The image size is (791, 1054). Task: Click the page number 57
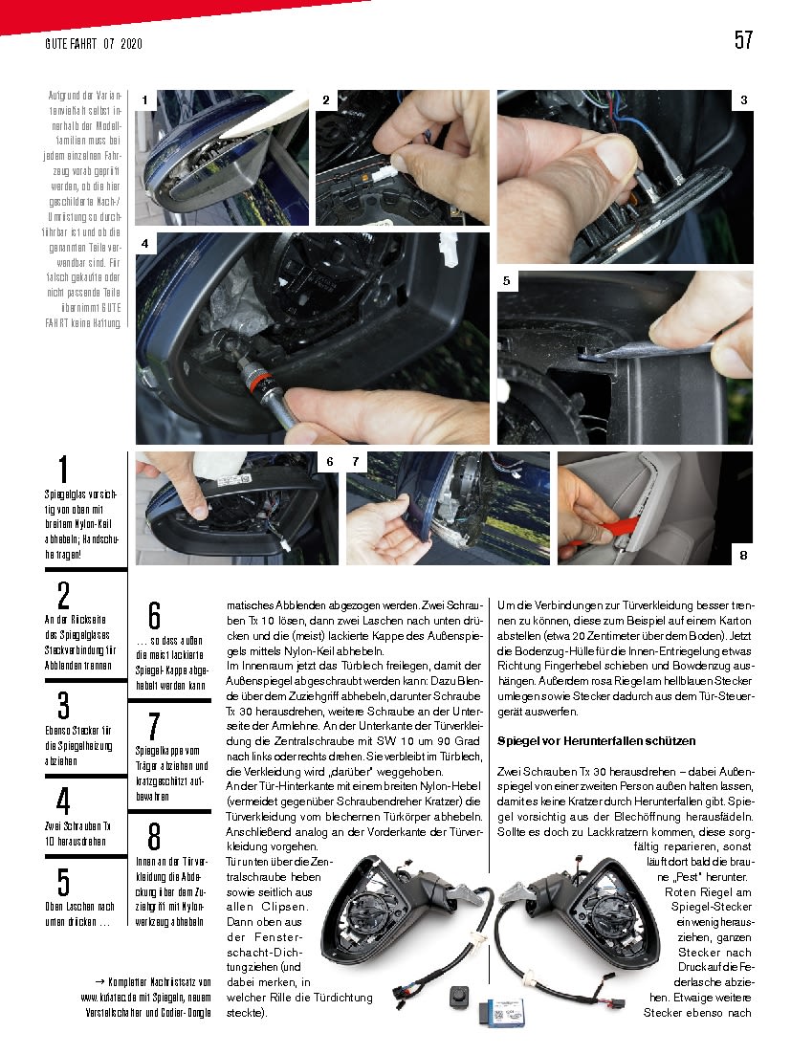(x=743, y=39)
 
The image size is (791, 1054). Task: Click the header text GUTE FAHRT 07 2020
(x=94, y=44)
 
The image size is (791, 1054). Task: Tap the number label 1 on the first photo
(x=144, y=99)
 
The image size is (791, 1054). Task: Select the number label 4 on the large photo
(x=144, y=244)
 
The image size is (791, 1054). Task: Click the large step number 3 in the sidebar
(x=63, y=706)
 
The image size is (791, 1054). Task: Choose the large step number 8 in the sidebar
(x=154, y=837)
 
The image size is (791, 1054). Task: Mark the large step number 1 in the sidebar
(x=63, y=471)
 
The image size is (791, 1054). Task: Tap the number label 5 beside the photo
(x=506, y=281)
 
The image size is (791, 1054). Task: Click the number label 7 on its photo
(x=355, y=462)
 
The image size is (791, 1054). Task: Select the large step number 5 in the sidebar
(x=63, y=882)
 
